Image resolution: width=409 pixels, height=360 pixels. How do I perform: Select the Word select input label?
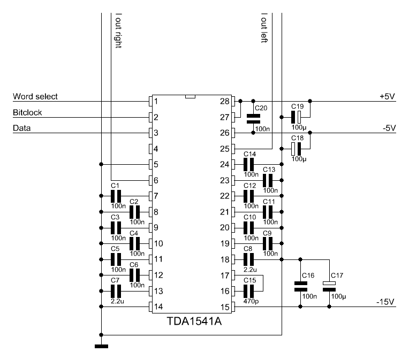click(x=35, y=97)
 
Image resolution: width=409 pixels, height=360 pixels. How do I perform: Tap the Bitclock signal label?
click(x=27, y=113)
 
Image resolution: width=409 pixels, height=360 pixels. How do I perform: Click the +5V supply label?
click(x=387, y=97)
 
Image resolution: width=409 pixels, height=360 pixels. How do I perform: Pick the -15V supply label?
click(x=385, y=302)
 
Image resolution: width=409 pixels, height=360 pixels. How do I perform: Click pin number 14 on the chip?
click(x=158, y=307)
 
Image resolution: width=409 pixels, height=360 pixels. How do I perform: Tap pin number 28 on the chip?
click(x=224, y=101)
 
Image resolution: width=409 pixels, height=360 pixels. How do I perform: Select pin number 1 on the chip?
click(x=156, y=101)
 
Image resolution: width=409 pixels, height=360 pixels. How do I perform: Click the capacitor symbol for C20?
click(x=253, y=118)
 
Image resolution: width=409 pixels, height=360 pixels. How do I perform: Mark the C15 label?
click(x=249, y=280)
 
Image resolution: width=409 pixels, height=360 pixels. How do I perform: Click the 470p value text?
click(x=249, y=302)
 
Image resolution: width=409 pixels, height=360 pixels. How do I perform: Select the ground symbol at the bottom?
click(x=101, y=346)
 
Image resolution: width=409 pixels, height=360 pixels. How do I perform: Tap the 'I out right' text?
click(x=118, y=30)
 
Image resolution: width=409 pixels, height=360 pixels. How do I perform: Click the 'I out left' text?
click(x=263, y=28)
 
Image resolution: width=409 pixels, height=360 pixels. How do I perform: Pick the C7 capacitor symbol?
click(x=116, y=291)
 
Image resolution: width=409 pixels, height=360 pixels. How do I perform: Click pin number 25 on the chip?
click(x=224, y=148)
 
